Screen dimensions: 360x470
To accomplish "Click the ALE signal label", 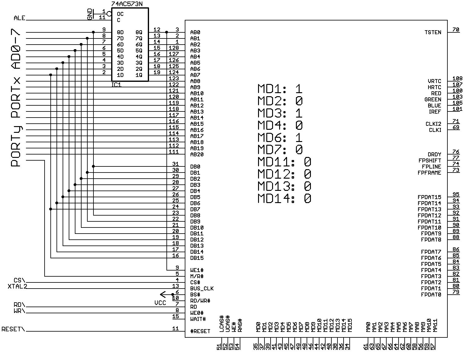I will coord(20,18).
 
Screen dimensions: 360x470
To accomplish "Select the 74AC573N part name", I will coord(127,4).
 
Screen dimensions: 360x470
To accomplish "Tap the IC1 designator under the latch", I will coord(116,85).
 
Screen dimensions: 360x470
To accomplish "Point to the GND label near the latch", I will coord(90,14).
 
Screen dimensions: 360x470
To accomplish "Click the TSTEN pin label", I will coord(433,32).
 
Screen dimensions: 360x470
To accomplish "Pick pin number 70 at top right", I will coord(456,30).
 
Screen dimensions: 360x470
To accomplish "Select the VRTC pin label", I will coord(434,81).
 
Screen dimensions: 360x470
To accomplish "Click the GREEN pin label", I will coord(432,100).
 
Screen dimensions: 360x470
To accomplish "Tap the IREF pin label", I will coord(435,112).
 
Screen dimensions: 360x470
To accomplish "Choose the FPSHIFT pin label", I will coord(430,161).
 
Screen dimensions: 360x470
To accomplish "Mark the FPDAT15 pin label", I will coord(429,197).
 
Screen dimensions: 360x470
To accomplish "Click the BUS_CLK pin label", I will coord(202,289).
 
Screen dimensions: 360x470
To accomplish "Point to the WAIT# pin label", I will coord(198,319).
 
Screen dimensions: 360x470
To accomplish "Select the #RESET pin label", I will coord(200,331).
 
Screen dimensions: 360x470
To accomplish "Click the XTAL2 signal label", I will coord(17,286).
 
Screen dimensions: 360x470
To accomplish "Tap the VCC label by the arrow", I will coord(160,303).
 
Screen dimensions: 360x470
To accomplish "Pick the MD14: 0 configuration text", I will coord(284,198).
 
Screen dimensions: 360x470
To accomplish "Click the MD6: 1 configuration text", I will coord(280,138).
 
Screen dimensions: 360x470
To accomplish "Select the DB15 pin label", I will coord(197,258).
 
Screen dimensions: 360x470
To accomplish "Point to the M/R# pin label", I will coord(197,276).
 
